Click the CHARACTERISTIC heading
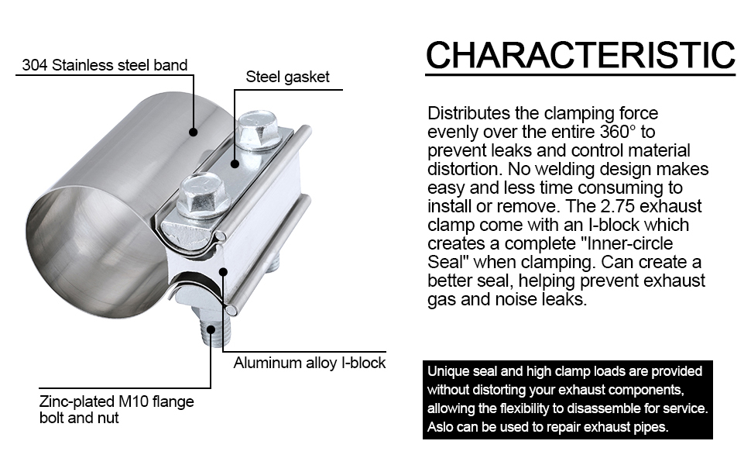pos(580,56)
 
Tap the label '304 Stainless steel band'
pos(105,65)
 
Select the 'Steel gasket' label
pos(287,77)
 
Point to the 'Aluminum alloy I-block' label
pos(310,363)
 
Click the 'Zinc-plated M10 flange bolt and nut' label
pos(116,409)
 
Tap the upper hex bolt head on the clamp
pos(258,129)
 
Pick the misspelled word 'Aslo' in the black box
pos(442,427)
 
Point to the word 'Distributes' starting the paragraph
pos(468,112)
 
